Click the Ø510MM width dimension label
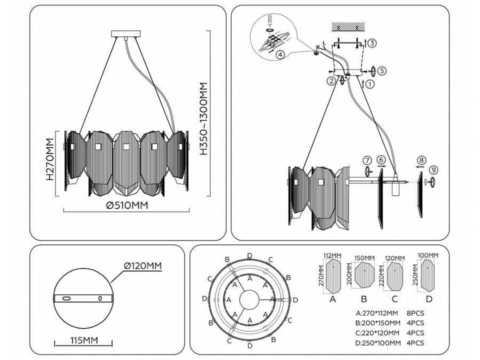coord(126,205)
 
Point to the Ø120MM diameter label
coord(142,266)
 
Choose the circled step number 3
coord(372,43)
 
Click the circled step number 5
coord(382,70)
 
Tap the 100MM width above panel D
coord(428,256)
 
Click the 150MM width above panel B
coord(365,258)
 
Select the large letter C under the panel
coord(395,299)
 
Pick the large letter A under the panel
coord(333,299)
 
